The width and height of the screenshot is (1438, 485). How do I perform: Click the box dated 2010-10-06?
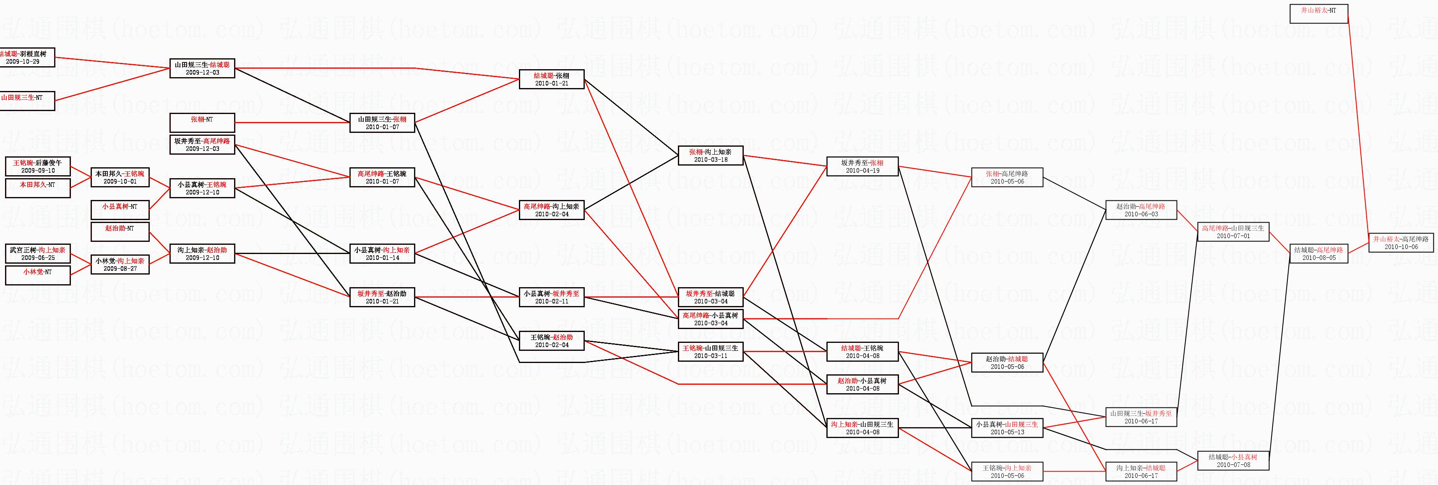click(x=1401, y=243)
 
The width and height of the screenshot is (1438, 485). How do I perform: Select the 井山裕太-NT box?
click(x=1318, y=14)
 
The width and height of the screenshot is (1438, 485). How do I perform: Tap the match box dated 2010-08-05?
click(x=1318, y=254)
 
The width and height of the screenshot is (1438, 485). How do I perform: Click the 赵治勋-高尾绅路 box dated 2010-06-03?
click(x=1141, y=210)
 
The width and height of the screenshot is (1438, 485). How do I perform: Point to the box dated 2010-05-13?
click(x=1007, y=428)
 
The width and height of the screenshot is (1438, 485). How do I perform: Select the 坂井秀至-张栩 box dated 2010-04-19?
click(x=862, y=167)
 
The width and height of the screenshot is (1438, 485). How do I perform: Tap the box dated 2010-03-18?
click(x=710, y=156)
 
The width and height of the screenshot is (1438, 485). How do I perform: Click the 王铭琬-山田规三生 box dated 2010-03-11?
click(x=710, y=352)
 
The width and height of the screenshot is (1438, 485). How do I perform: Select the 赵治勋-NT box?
click(x=120, y=232)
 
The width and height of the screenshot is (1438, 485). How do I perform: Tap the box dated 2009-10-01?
click(x=120, y=177)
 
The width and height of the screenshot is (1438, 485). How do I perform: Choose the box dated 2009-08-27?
click(x=120, y=265)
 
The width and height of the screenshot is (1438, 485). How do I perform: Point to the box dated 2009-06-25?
click(x=37, y=254)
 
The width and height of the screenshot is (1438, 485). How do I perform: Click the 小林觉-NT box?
click(x=37, y=276)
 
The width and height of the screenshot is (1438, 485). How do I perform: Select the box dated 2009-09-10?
click(x=37, y=166)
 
